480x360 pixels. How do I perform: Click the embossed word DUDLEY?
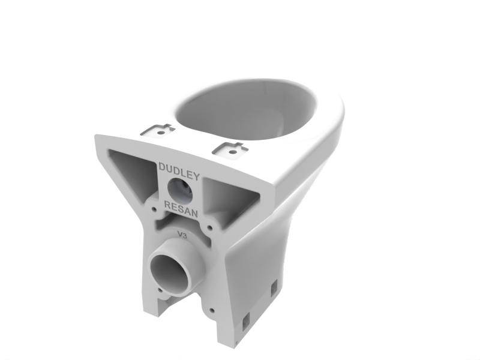click(179, 172)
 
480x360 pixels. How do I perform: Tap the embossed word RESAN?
click(181, 209)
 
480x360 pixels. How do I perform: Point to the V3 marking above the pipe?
click(182, 235)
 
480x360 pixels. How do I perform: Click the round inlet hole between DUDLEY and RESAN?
click(180, 190)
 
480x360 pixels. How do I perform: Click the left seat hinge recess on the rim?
click(158, 130)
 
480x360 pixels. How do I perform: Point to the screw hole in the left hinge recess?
click(160, 133)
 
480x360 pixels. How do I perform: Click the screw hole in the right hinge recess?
click(233, 152)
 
